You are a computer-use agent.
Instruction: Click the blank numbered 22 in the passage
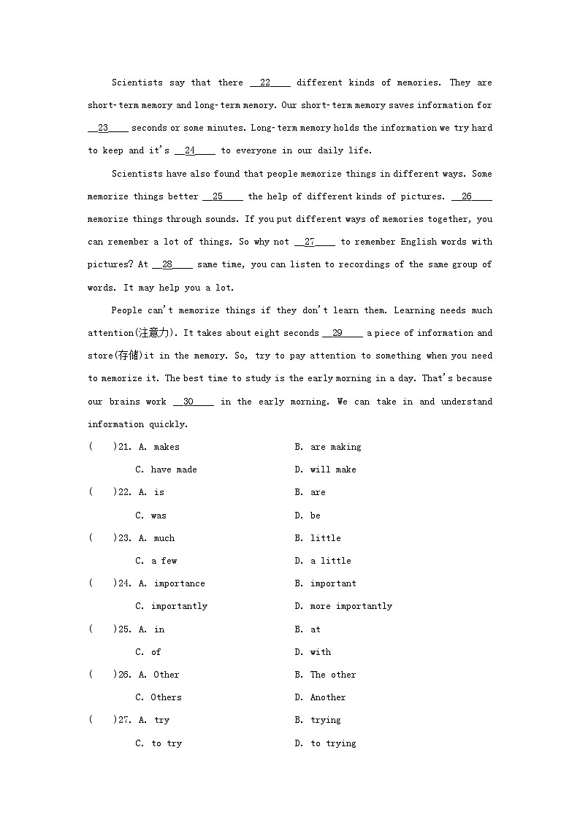point(270,83)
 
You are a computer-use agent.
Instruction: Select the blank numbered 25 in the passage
point(222,196)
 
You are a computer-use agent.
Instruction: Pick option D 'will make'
point(326,470)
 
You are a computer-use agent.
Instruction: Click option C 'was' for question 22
point(151,516)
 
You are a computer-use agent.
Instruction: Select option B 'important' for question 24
point(326,583)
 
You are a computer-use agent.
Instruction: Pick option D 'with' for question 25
point(313,652)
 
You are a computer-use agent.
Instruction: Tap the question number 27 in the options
point(124,720)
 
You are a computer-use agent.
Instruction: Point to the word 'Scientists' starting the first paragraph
point(137,83)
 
